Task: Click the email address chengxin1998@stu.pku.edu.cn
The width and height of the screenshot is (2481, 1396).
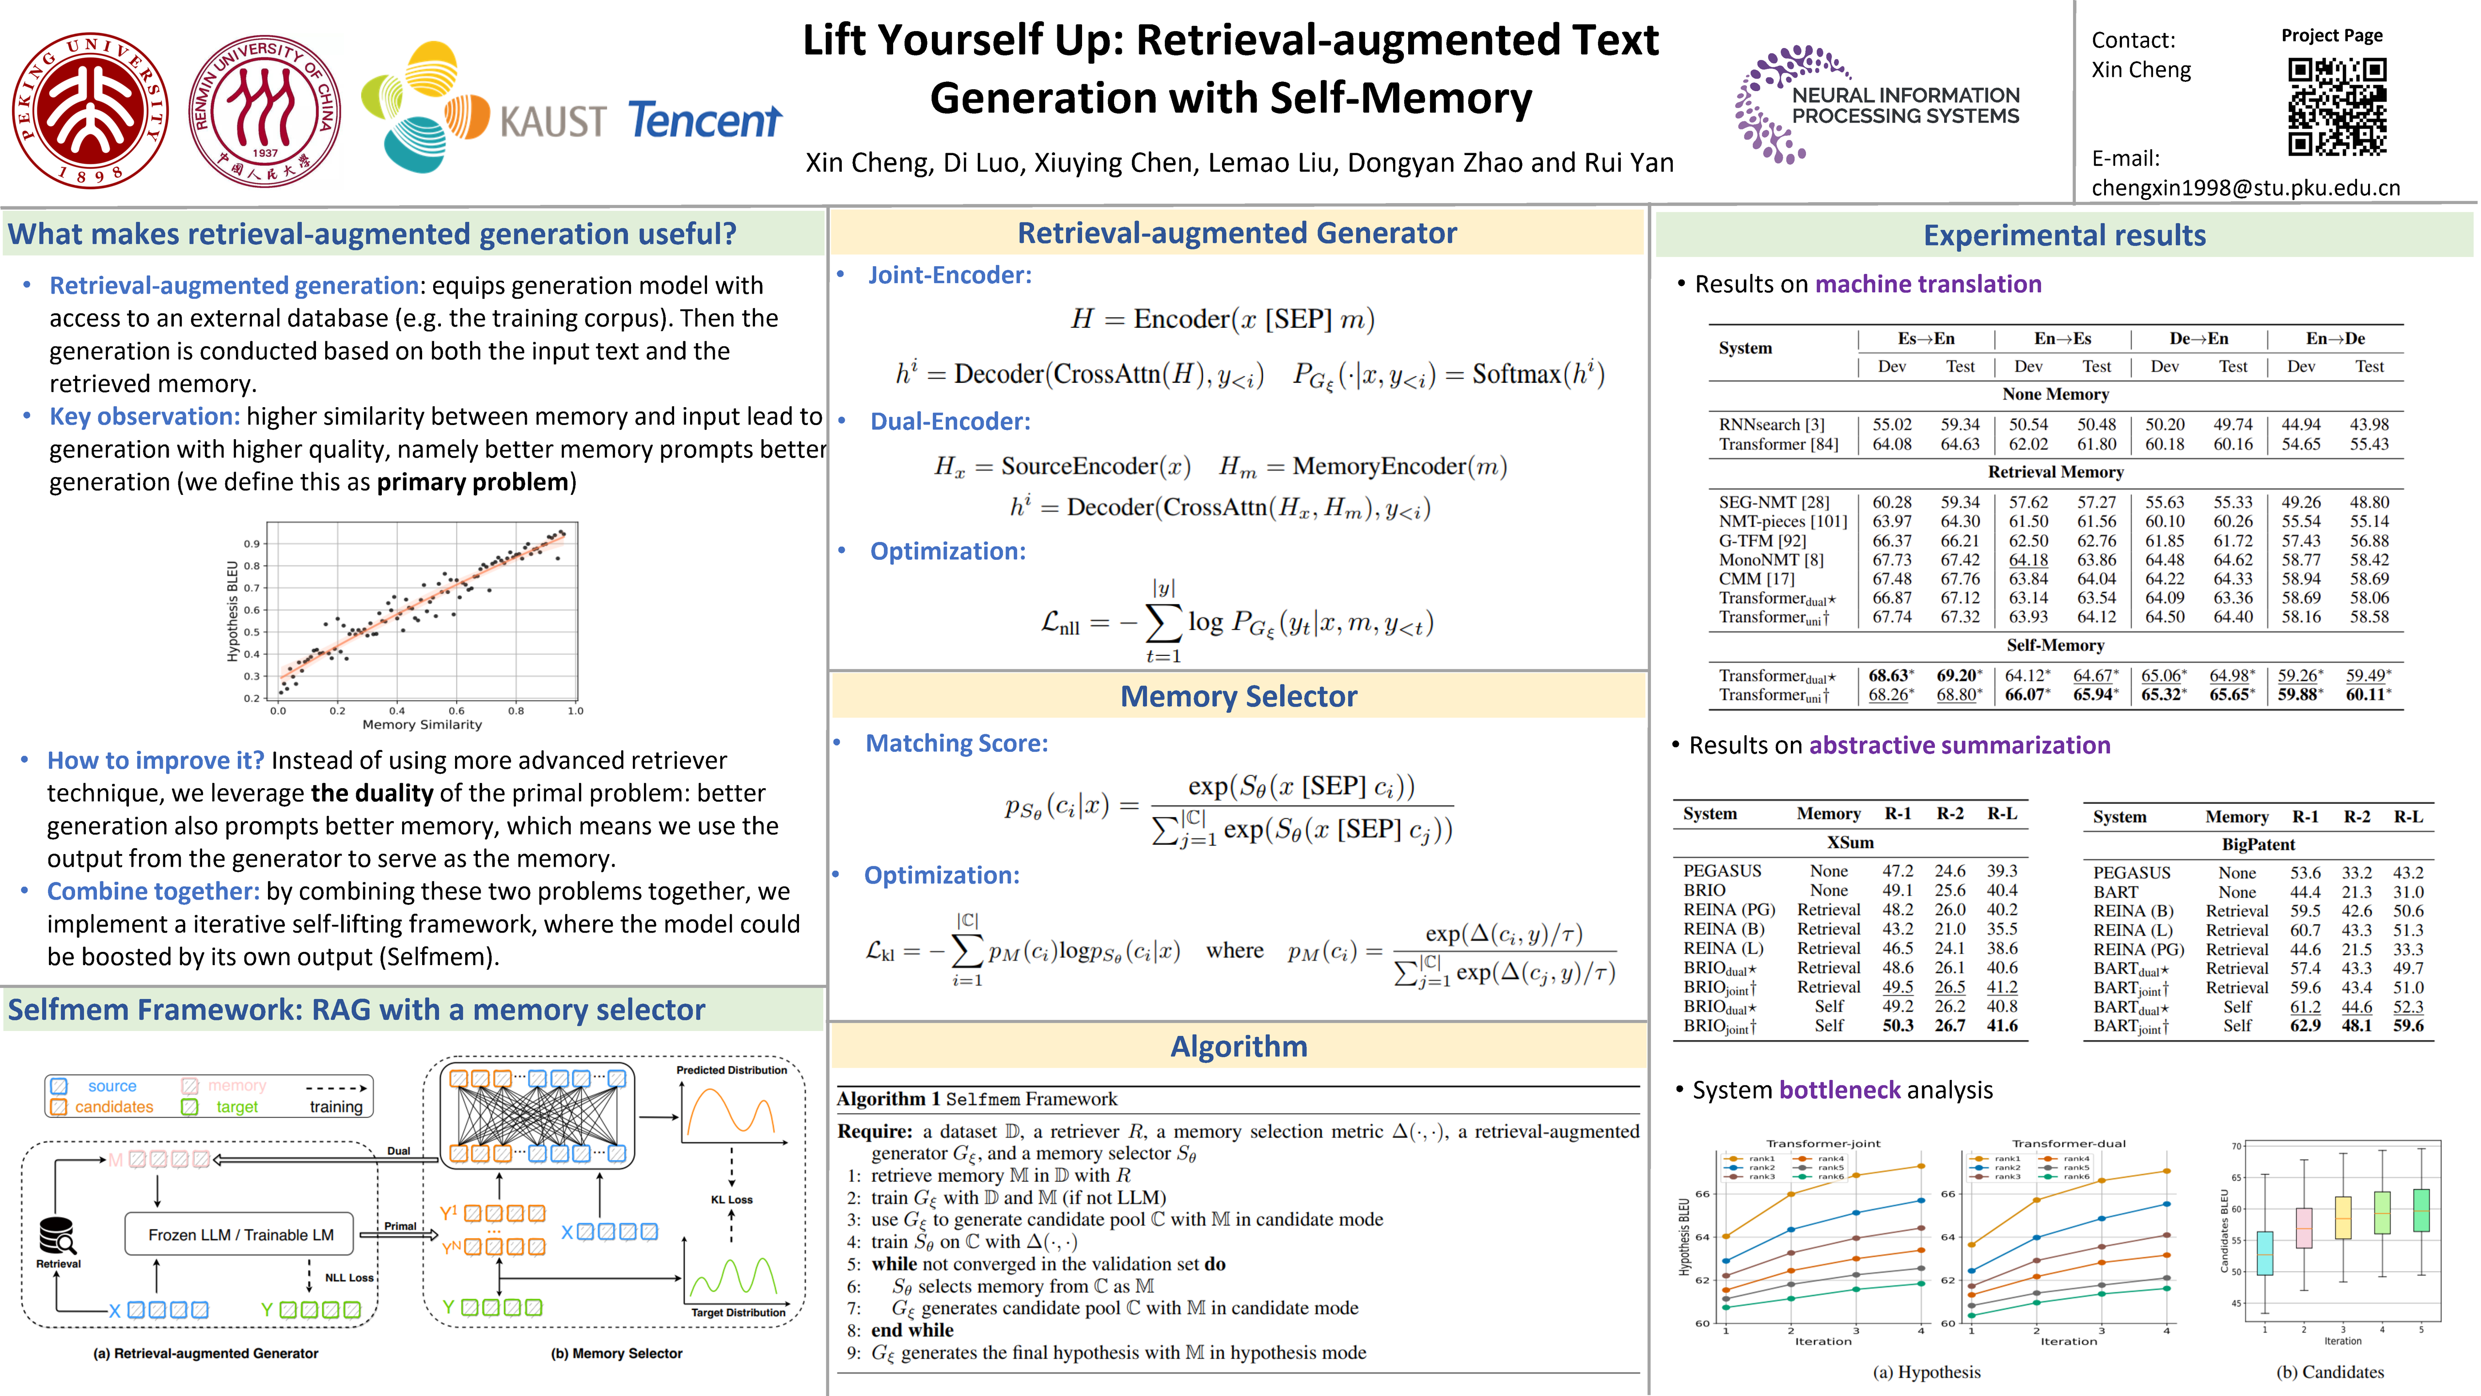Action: [x=2246, y=188]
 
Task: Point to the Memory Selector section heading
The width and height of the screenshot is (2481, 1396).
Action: [x=1239, y=696]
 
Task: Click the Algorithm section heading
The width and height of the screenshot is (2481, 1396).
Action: [x=1239, y=1047]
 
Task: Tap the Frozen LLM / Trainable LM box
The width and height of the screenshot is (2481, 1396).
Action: [x=241, y=1234]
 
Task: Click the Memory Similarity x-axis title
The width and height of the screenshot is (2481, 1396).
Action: [x=422, y=725]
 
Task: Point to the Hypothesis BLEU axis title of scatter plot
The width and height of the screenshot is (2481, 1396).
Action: [x=232, y=611]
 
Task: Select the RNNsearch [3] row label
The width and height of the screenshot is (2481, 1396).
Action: [x=1771, y=424]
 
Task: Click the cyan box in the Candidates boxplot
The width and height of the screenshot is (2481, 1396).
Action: [x=2265, y=1253]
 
